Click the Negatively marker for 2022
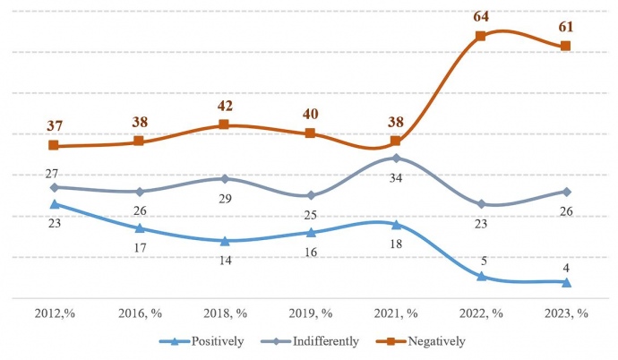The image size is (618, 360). click(x=480, y=36)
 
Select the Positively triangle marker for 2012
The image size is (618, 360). click(x=54, y=204)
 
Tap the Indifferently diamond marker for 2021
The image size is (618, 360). click(x=395, y=158)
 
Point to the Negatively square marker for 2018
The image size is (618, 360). click(x=224, y=124)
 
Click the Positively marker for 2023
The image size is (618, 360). click(x=565, y=282)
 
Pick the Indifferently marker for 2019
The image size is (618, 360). click(x=310, y=195)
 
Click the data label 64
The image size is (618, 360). click(x=480, y=16)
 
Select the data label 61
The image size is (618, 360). click(x=565, y=26)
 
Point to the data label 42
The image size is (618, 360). click(x=224, y=105)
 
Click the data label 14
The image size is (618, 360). click(x=224, y=261)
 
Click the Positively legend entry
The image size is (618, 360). click(x=201, y=341)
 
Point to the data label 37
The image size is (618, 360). click(x=54, y=125)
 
